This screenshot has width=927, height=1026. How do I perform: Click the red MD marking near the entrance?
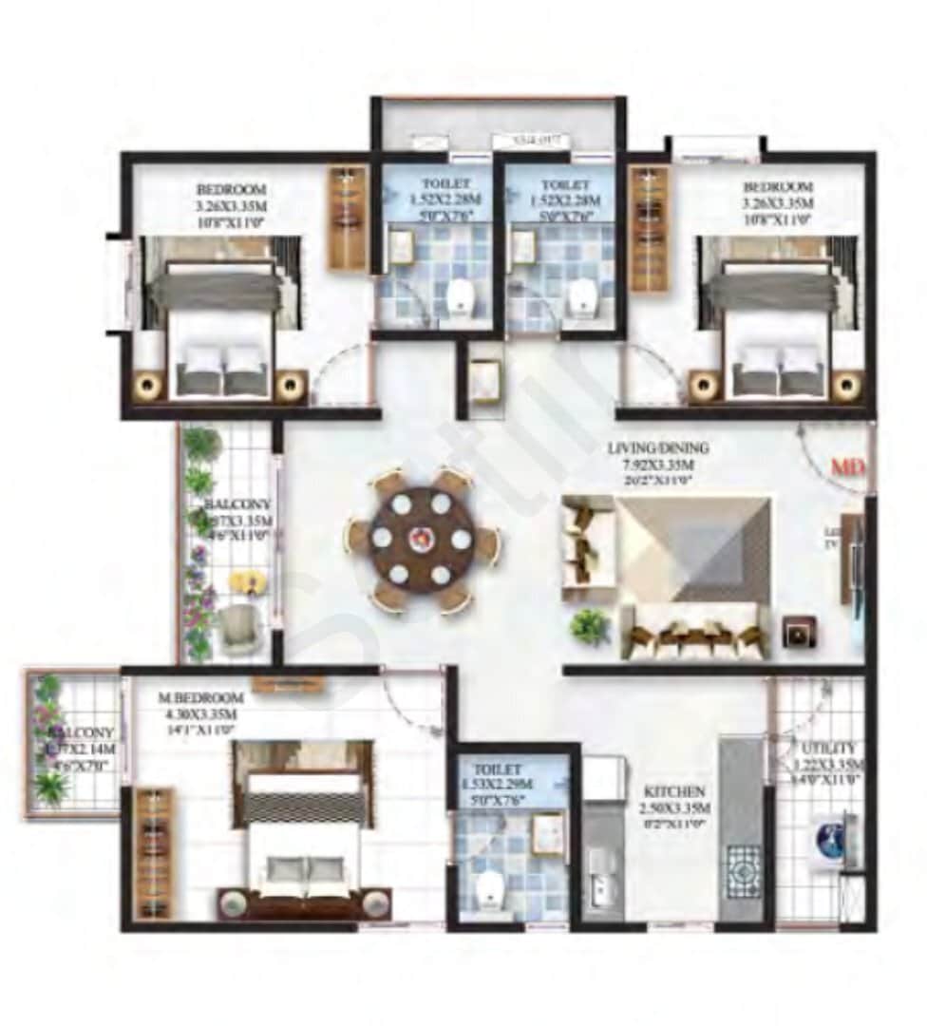click(845, 468)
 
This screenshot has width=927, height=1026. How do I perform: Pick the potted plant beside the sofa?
click(591, 627)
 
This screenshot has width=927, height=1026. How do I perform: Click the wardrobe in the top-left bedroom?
click(348, 218)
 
